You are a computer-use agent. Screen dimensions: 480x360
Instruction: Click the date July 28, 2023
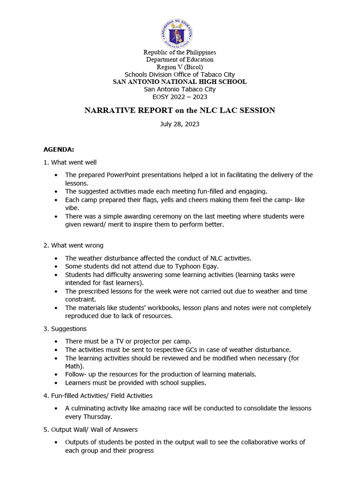coord(180,124)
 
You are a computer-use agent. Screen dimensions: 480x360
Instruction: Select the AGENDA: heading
coord(59,150)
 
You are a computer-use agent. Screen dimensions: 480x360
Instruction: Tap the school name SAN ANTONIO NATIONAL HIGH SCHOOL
coord(180,82)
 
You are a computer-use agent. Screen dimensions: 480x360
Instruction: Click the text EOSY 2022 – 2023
coord(180,97)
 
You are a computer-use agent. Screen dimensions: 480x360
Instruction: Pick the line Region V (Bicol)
coord(180,67)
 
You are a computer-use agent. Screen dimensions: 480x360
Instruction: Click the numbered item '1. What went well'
coord(70,162)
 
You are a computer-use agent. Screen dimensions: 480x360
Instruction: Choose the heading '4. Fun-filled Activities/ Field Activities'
coord(98,396)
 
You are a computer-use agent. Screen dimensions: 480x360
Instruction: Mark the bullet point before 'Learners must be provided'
coord(56,383)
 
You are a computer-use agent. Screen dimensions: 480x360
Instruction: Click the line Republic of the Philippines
coord(180,52)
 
